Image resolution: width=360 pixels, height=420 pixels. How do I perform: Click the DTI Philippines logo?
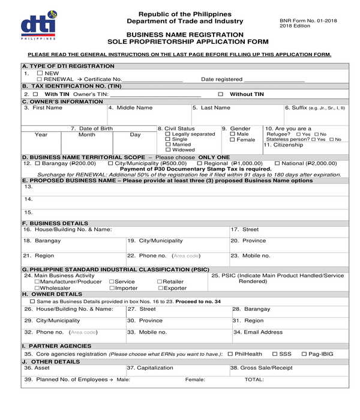coord(38,25)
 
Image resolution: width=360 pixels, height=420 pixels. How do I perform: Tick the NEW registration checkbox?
coord(40,73)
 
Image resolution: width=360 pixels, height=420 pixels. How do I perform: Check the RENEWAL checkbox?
coord(40,79)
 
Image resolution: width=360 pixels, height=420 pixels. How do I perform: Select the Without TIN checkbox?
coord(220,94)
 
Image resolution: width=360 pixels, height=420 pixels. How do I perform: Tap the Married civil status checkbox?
coord(167,145)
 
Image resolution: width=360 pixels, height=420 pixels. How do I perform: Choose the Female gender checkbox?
coord(233,140)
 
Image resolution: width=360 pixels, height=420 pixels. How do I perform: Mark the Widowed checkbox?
coord(167,150)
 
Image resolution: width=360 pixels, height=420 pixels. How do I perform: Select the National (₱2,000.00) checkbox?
coord(277,163)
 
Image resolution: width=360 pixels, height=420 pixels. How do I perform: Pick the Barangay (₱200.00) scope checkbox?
coord(37,163)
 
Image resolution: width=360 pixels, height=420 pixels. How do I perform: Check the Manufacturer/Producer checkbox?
coord(37,281)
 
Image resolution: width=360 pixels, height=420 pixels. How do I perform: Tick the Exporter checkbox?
coord(160,288)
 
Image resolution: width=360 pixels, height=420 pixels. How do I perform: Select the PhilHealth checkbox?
coord(230,354)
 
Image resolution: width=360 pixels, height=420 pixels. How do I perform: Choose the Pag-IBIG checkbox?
coord(304,354)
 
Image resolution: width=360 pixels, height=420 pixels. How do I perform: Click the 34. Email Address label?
coord(258,332)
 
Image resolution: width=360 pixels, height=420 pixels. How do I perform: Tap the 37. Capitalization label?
coord(149,367)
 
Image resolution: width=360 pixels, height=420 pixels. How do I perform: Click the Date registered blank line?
coord(274,80)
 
